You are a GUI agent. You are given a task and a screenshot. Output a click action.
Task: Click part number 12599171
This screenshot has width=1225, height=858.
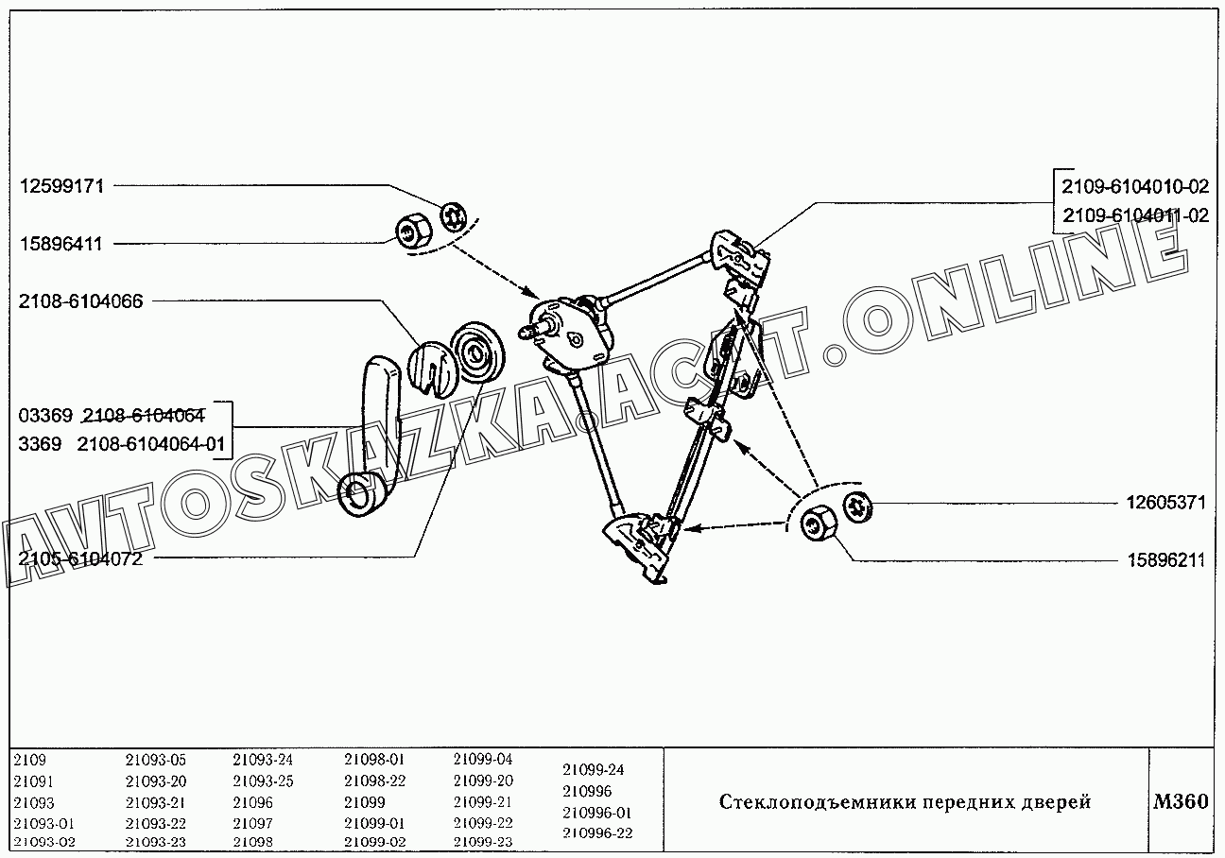click(61, 186)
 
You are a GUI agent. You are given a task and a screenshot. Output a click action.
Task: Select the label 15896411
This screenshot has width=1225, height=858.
click(60, 244)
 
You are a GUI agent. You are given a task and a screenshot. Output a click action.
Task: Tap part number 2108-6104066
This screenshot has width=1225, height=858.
click(80, 301)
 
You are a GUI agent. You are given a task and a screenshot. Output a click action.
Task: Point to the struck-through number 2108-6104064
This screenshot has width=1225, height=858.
click(144, 416)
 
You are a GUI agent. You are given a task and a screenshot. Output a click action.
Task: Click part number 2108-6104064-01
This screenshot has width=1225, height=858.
click(151, 444)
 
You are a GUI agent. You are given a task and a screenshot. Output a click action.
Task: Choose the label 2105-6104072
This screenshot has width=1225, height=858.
click(80, 558)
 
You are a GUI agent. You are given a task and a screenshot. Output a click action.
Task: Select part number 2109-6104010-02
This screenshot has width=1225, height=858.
click(1135, 187)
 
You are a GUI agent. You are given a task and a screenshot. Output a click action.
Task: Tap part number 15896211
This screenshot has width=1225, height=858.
click(1166, 560)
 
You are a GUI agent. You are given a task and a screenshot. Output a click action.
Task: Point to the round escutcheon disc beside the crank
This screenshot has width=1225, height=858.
click(478, 353)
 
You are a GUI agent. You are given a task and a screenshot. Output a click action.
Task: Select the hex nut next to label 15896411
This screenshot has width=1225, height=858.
click(413, 232)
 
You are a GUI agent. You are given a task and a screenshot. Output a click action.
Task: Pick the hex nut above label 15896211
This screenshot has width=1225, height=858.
click(819, 523)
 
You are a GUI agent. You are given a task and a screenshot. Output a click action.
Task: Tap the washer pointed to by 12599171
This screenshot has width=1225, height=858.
click(453, 216)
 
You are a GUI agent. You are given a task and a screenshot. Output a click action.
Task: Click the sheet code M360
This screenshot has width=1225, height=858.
click(1181, 801)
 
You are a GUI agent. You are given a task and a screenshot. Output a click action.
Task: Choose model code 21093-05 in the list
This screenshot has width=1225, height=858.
click(156, 760)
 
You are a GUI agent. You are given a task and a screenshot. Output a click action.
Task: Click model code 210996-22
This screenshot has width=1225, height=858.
click(597, 833)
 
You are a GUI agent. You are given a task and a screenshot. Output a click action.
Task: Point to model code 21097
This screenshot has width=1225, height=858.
click(252, 824)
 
